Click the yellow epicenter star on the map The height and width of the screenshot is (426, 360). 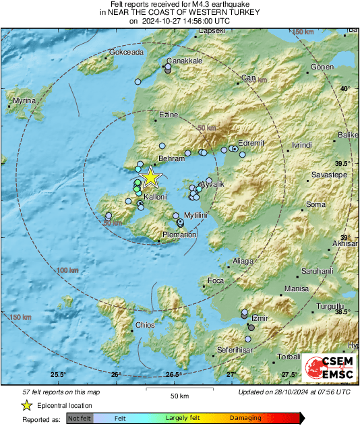click(151, 177)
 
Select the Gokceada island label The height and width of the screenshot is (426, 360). click(127, 52)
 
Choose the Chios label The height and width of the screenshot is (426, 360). click(145, 325)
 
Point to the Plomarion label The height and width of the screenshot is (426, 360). click(179, 235)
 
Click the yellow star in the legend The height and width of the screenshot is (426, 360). click(26, 405)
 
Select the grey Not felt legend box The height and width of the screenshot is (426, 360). click(80, 419)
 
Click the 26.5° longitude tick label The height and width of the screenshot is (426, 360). click(174, 375)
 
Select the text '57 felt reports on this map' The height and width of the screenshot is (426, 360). click(61, 392)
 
